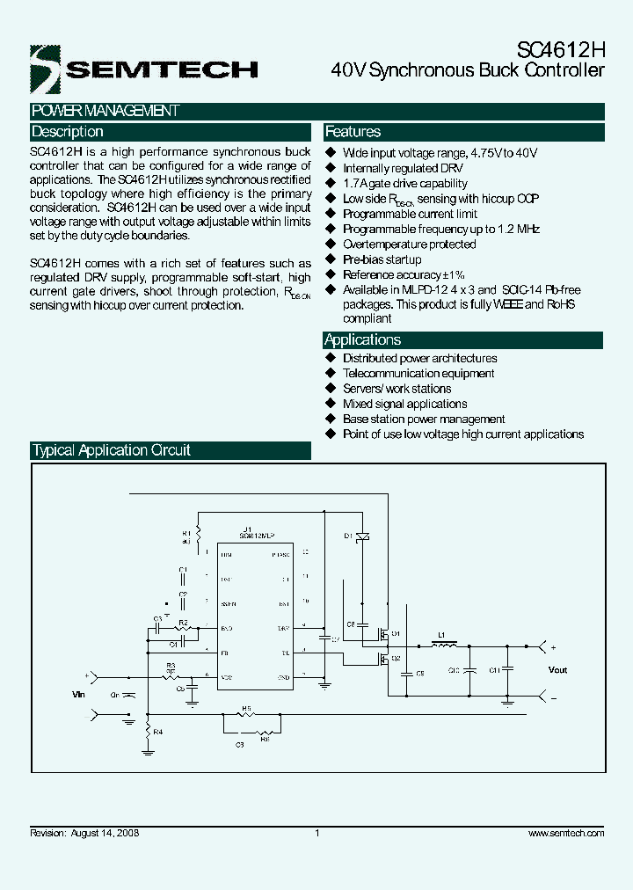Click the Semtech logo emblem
click(x=45, y=69)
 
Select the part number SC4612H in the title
click(x=558, y=50)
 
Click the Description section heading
click(x=68, y=132)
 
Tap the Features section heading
click(x=353, y=132)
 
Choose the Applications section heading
click(x=363, y=340)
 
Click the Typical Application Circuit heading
click(x=112, y=450)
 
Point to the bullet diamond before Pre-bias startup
click(x=331, y=259)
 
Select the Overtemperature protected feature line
click(x=409, y=244)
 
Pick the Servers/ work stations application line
click(x=397, y=389)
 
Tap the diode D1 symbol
click(x=362, y=536)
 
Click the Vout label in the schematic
click(x=557, y=670)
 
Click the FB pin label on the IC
click(x=226, y=652)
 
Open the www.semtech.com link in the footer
click(x=566, y=833)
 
